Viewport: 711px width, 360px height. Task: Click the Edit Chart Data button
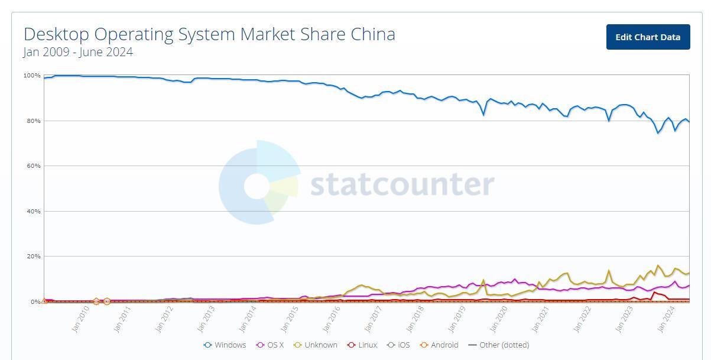click(x=648, y=37)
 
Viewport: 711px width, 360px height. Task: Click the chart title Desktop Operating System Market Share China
click(x=209, y=34)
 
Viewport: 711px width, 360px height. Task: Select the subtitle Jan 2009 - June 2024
click(x=78, y=52)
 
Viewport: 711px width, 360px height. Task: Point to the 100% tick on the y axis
click(x=32, y=76)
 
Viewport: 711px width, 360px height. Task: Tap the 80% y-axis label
click(x=33, y=121)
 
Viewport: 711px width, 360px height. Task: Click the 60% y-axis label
click(x=33, y=166)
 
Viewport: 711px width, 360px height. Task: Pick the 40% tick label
click(x=33, y=211)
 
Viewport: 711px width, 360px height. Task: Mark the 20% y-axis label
click(x=33, y=257)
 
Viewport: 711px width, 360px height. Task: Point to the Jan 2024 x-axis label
click(x=668, y=319)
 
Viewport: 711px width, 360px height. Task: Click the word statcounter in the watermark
click(x=402, y=184)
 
